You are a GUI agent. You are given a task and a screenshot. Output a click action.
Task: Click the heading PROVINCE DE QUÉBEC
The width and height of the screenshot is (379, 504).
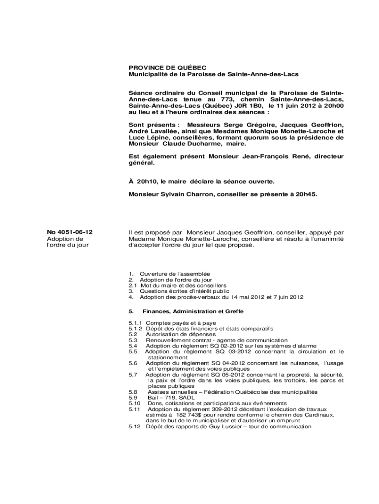point(161,67)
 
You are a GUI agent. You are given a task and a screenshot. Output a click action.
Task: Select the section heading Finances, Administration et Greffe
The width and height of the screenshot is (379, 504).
point(193,312)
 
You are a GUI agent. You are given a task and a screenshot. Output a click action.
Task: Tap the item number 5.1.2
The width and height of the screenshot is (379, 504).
point(135,328)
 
